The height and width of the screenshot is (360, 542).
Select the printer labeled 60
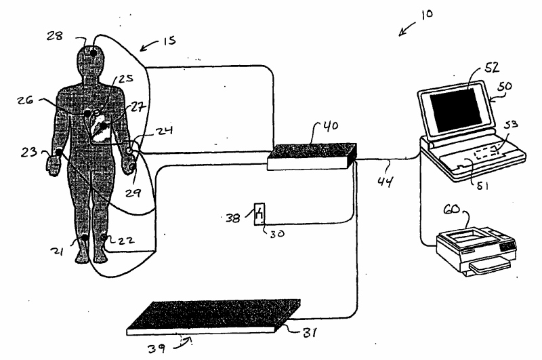[474, 247]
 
